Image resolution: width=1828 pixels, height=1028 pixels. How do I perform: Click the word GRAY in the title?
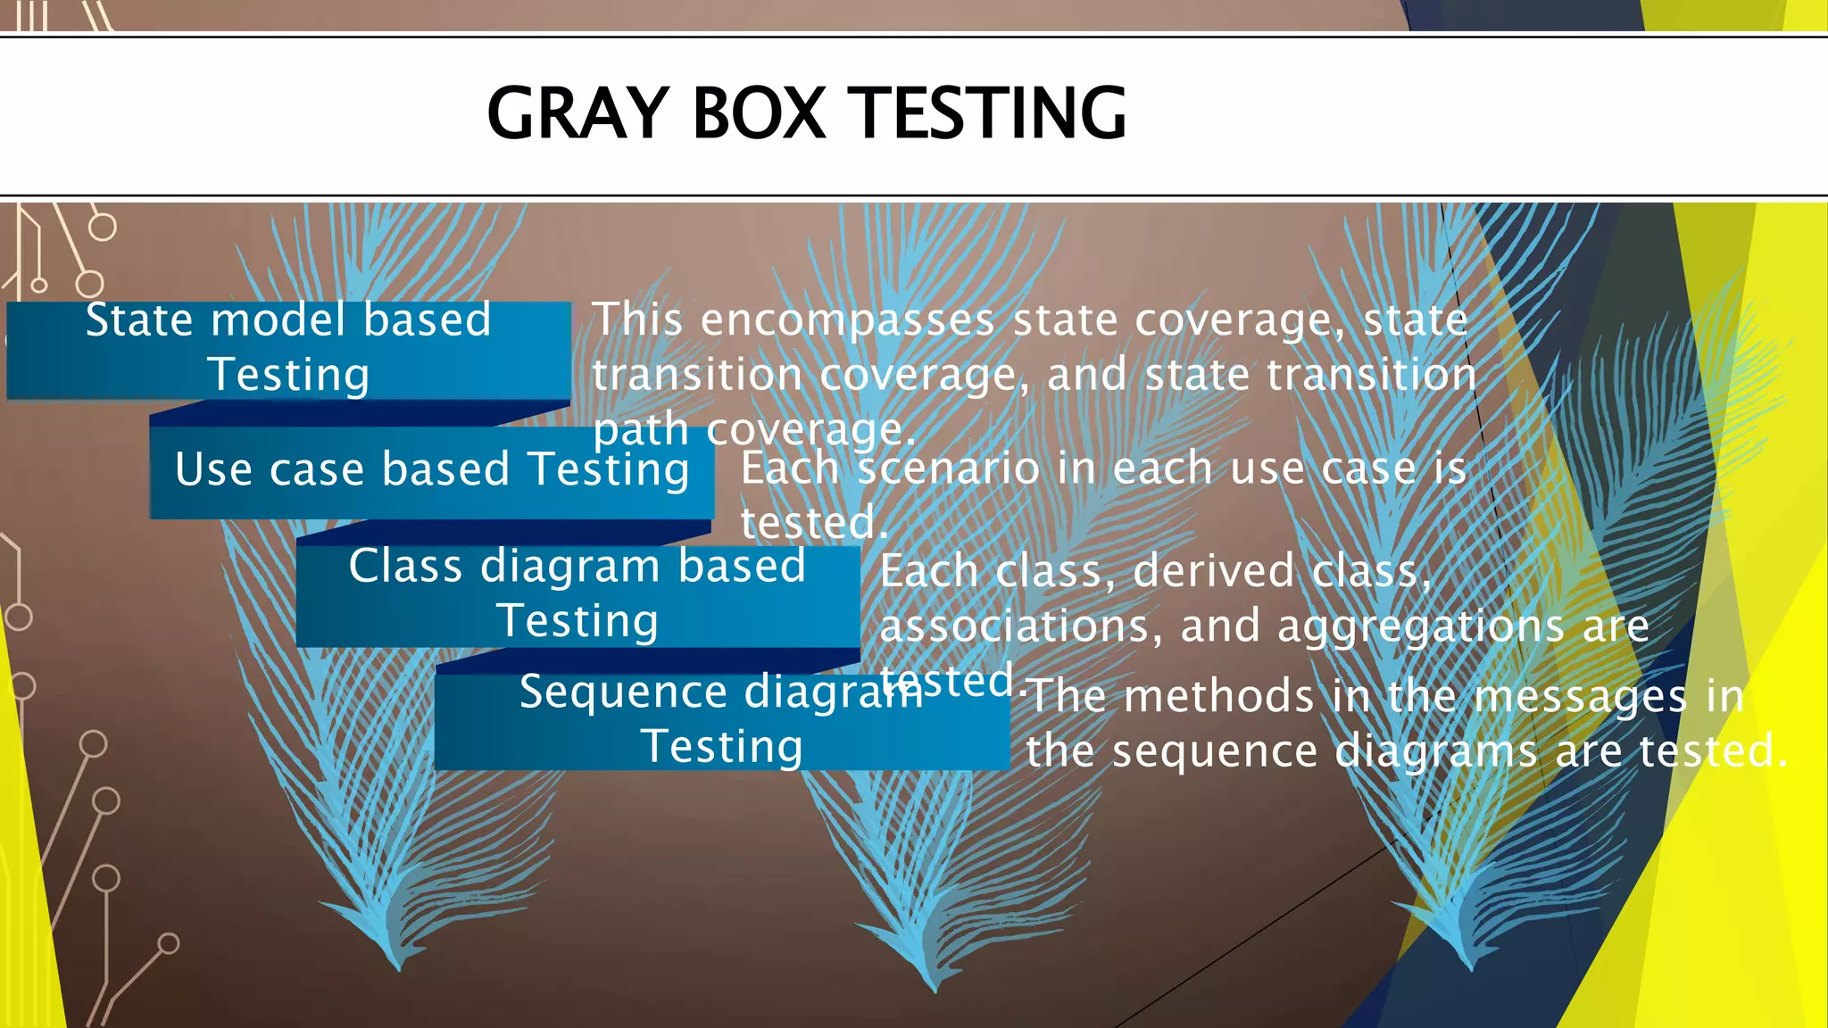tap(577, 113)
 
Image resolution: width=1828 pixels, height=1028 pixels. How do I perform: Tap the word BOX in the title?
tap(759, 113)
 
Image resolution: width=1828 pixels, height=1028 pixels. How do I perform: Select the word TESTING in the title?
tap(991, 113)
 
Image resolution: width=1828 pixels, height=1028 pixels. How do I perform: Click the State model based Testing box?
tap(287, 349)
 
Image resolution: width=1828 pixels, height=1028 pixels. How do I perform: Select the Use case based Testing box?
tap(431, 470)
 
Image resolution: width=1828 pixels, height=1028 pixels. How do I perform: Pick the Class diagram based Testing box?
tap(577, 594)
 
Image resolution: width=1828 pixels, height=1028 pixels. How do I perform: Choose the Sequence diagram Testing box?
tap(721, 721)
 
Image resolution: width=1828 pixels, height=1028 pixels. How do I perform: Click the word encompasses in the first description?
tap(847, 320)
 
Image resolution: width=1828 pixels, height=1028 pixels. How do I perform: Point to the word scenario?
tap(948, 468)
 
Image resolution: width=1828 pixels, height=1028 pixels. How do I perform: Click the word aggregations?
tap(1420, 627)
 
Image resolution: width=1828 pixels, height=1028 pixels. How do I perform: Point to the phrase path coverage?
tap(754, 431)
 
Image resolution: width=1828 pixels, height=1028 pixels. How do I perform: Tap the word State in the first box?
tap(138, 319)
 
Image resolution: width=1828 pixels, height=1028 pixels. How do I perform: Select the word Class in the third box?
tap(405, 566)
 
